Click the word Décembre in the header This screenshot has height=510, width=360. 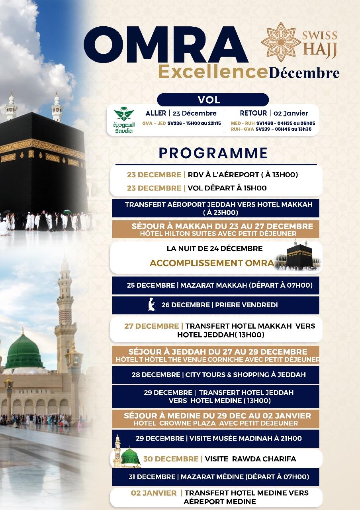tap(304, 73)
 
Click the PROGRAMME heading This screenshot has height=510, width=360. tap(213, 153)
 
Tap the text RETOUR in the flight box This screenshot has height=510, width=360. tap(253, 113)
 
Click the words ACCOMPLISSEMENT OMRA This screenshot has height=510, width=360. tap(211, 263)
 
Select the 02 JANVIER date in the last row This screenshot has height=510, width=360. tap(154, 493)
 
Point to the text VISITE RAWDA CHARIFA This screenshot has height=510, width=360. tap(250, 459)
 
